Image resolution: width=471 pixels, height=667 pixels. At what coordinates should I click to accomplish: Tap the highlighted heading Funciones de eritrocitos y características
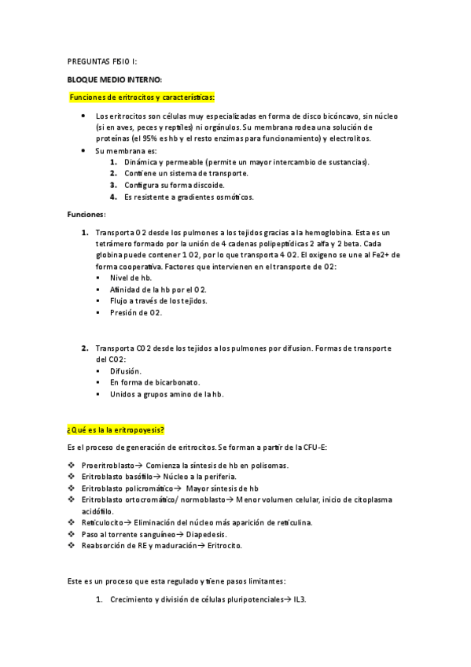tap(141, 97)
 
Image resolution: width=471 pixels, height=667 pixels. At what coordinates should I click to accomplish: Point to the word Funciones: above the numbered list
tap(86, 213)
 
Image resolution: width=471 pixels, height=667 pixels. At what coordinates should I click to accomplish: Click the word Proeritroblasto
tap(108, 465)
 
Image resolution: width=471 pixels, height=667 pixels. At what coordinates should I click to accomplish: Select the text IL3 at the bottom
tap(300, 600)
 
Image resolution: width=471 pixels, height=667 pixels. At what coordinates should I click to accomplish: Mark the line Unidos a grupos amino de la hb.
tap(167, 394)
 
